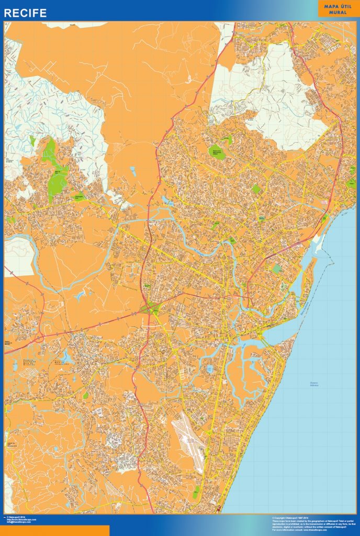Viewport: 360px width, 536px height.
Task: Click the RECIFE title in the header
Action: point(26,13)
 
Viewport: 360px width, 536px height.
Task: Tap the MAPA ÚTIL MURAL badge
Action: point(337,8)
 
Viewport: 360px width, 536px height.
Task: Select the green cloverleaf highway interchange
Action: point(152,309)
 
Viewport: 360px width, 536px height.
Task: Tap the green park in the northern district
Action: point(216,152)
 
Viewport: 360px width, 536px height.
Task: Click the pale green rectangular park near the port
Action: point(277,269)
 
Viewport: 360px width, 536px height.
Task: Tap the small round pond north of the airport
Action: point(210,370)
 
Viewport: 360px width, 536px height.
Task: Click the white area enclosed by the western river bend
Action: point(19,256)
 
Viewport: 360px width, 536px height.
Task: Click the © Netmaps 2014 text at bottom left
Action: point(18,517)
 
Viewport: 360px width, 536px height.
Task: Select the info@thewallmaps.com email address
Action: point(19,522)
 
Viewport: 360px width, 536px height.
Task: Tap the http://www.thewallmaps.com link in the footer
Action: point(20,520)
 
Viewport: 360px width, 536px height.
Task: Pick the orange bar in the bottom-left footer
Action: point(54,530)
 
